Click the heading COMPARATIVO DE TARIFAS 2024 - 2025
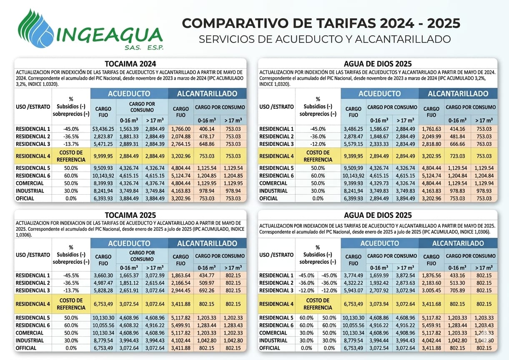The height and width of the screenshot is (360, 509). (x=321, y=23)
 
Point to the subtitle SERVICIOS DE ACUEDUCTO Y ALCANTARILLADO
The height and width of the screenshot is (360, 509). (x=325, y=39)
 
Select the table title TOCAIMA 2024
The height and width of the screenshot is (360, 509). (x=130, y=64)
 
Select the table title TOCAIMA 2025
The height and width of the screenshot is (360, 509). (x=130, y=215)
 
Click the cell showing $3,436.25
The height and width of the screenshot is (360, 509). (x=103, y=129)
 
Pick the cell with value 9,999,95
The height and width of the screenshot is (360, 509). (x=103, y=156)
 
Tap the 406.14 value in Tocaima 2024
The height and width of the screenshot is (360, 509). (x=207, y=129)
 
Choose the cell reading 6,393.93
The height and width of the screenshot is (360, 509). (x=103, y=198)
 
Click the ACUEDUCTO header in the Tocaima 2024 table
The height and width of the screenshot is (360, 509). (x=129, y=94)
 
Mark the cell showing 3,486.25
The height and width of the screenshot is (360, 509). (x=353, y=129)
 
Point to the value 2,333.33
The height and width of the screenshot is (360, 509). (x=379, y=144)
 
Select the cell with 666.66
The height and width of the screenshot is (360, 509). (x=457, y=144)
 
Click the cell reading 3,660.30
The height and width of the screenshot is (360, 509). (x=103, y=275)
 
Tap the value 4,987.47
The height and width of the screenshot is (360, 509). (x=103, y=283)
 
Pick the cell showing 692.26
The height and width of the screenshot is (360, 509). (x=207, y=290)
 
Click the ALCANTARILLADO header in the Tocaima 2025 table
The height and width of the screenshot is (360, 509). (x=207, y=243)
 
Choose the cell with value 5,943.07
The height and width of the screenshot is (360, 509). (x=353, y=290)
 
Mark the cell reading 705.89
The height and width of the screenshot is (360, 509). (x=457, y=290)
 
